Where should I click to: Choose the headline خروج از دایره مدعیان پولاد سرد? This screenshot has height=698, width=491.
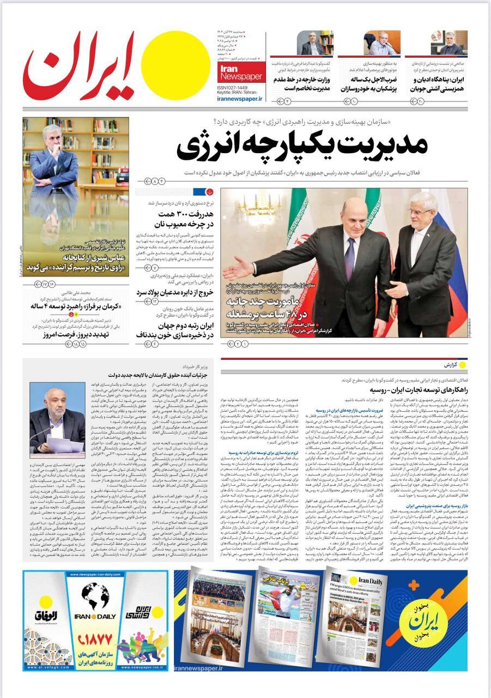click(178, 292)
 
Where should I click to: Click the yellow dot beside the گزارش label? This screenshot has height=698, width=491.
click(462, 364)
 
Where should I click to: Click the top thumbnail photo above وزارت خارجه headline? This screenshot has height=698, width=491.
click(315, 43)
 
